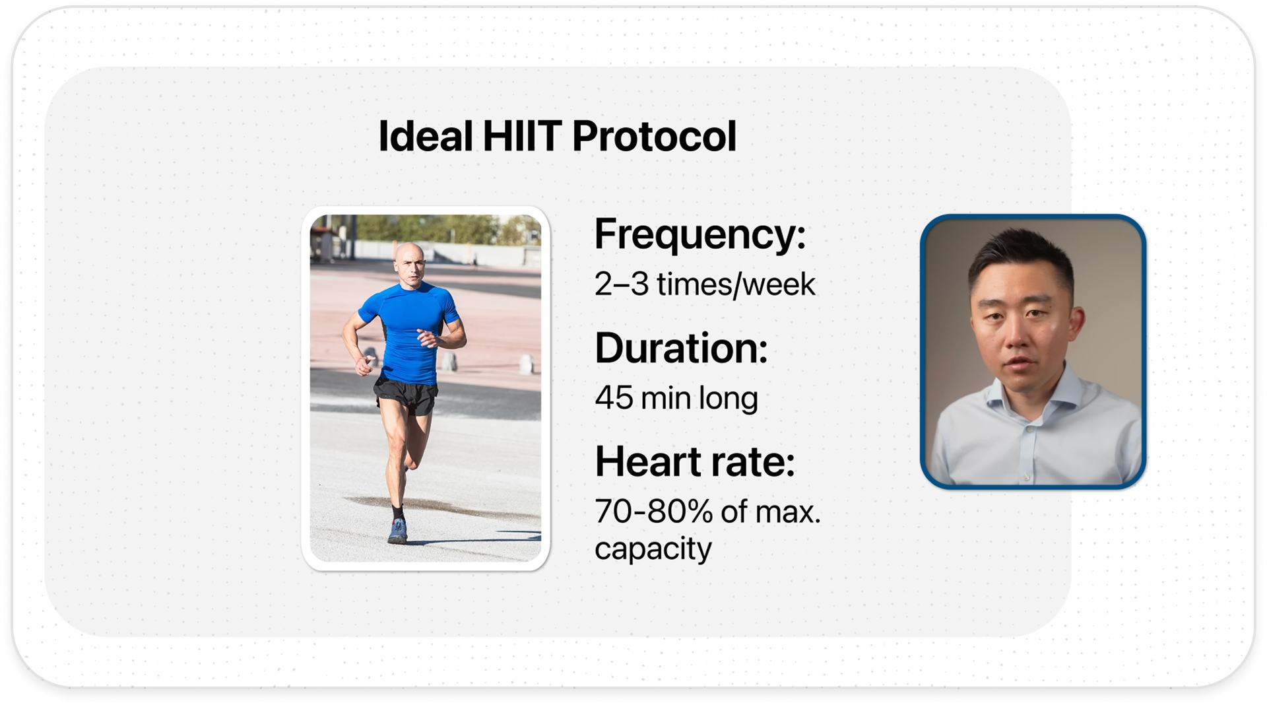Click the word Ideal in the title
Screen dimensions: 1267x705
[426, 136]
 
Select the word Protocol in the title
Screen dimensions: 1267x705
[654, 136]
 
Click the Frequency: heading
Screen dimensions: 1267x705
[700, 235]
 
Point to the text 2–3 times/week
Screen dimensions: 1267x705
[705, 285]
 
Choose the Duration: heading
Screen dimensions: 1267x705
[681, 348]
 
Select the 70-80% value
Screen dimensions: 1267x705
[654, 512]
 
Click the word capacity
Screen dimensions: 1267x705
[653, 549]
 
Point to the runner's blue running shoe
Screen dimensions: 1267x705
[397, 531]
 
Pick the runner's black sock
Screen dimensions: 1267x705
[397, 513]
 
